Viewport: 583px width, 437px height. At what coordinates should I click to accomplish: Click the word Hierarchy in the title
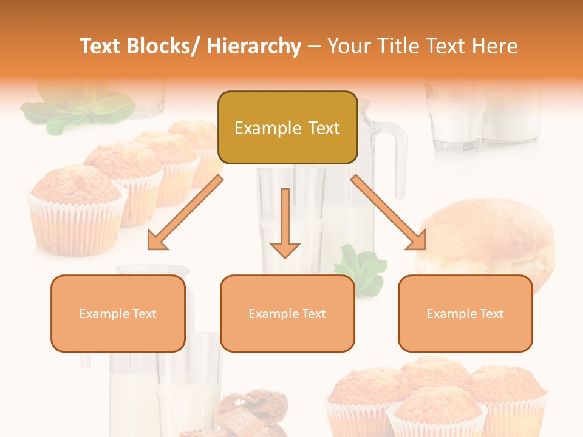click(x=253, y=46)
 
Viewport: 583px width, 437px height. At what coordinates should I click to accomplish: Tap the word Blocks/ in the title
click(x=163, y=46)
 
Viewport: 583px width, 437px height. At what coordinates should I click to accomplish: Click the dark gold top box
click(x=287, y=128)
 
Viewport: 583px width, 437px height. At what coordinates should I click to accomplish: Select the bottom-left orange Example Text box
click(x=118, y=314)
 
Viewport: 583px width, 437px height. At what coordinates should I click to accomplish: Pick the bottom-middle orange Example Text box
click(x=287, y=314)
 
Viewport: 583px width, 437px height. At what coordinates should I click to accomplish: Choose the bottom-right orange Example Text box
click(x=465, y=314)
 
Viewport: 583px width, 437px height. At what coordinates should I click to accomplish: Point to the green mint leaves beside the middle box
click(x=361, y=267)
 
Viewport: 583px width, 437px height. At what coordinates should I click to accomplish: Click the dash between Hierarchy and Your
click(x=314, y=46)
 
